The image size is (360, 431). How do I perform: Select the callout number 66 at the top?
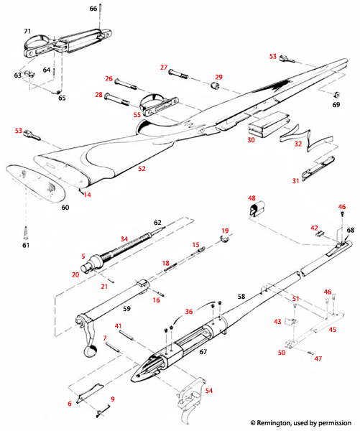pos(93,8)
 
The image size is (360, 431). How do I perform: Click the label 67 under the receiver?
pos(203,352)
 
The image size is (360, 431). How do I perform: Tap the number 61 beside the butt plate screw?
pos(27,246)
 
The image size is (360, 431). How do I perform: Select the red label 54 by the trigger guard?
pos(209,391)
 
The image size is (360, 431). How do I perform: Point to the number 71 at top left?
pos(27,32)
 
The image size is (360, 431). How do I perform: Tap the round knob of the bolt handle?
pos(91,351)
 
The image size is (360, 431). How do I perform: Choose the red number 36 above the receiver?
pos(189,312)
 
